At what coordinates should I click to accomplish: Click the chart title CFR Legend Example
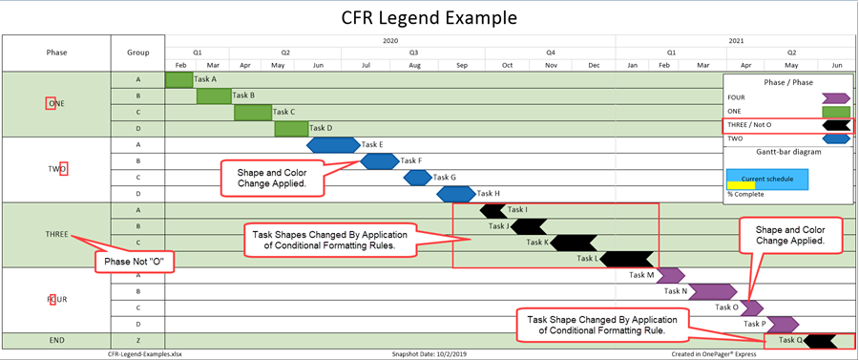429,17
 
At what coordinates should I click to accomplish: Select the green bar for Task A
178,79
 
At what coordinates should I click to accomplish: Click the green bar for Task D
291,128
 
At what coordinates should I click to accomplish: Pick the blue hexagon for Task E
333,144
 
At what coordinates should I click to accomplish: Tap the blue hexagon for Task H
456,194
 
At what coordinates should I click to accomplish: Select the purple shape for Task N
712,291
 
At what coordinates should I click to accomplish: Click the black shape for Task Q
822,340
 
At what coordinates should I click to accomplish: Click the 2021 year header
736,41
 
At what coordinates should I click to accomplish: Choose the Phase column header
56,53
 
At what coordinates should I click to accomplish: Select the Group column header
137,53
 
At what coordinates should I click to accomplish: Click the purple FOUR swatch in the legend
835,96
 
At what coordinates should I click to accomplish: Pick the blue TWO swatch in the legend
835,138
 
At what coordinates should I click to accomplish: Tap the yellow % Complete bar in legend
741,185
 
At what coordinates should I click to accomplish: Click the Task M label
641,275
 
